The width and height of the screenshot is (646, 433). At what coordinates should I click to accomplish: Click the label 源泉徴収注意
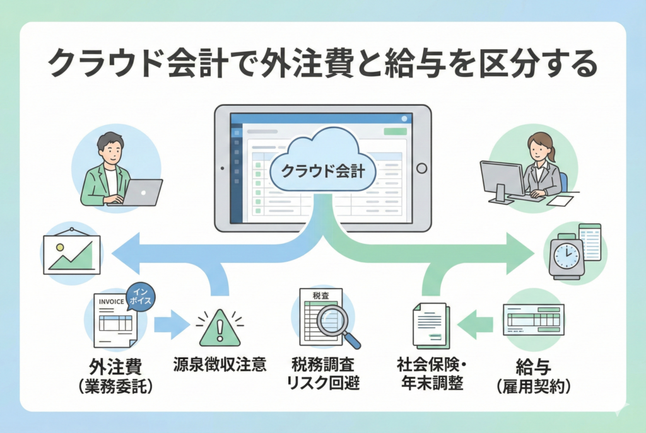click(x=220, y=364)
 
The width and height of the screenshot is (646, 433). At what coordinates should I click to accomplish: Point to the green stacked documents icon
click(x=430, y=325)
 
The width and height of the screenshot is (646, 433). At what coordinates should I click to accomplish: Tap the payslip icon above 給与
click(x=534, y=318)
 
